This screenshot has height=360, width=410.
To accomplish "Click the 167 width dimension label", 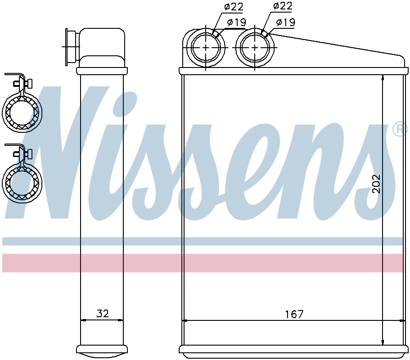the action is (x=294, y=314).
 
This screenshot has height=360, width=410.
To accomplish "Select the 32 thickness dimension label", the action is (x=102, y=313).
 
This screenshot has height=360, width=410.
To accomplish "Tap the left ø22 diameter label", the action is (x=234, y=7).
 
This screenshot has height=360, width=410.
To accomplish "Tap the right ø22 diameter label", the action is (x=282, y=6).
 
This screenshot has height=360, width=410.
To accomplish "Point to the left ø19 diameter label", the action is (x=236, y=22).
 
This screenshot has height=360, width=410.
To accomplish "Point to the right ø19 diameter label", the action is (x=285, y=22).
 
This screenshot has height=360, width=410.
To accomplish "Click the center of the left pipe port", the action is (x=206, y=48).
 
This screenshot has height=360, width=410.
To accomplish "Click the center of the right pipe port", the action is (x=255, y=48).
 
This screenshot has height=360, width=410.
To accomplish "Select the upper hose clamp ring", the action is (x=22, y=112).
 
